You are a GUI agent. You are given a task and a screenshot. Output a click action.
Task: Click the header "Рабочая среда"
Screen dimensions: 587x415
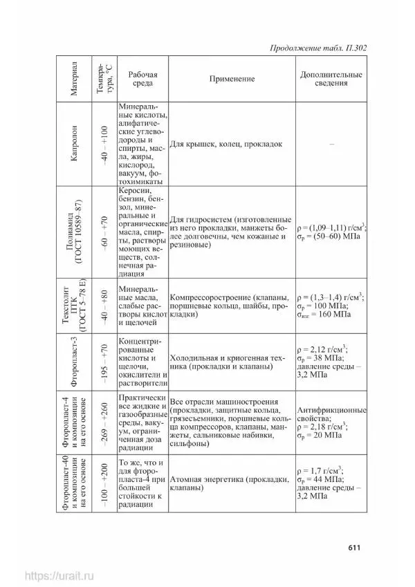[x=142, y=79]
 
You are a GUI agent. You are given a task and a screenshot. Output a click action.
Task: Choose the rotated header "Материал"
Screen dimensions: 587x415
[x=75, y=80]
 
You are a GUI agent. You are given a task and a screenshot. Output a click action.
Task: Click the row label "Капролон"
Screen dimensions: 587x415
[x=75, y=144]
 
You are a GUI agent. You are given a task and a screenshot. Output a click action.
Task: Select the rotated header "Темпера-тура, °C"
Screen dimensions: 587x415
[x=105, y=80]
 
